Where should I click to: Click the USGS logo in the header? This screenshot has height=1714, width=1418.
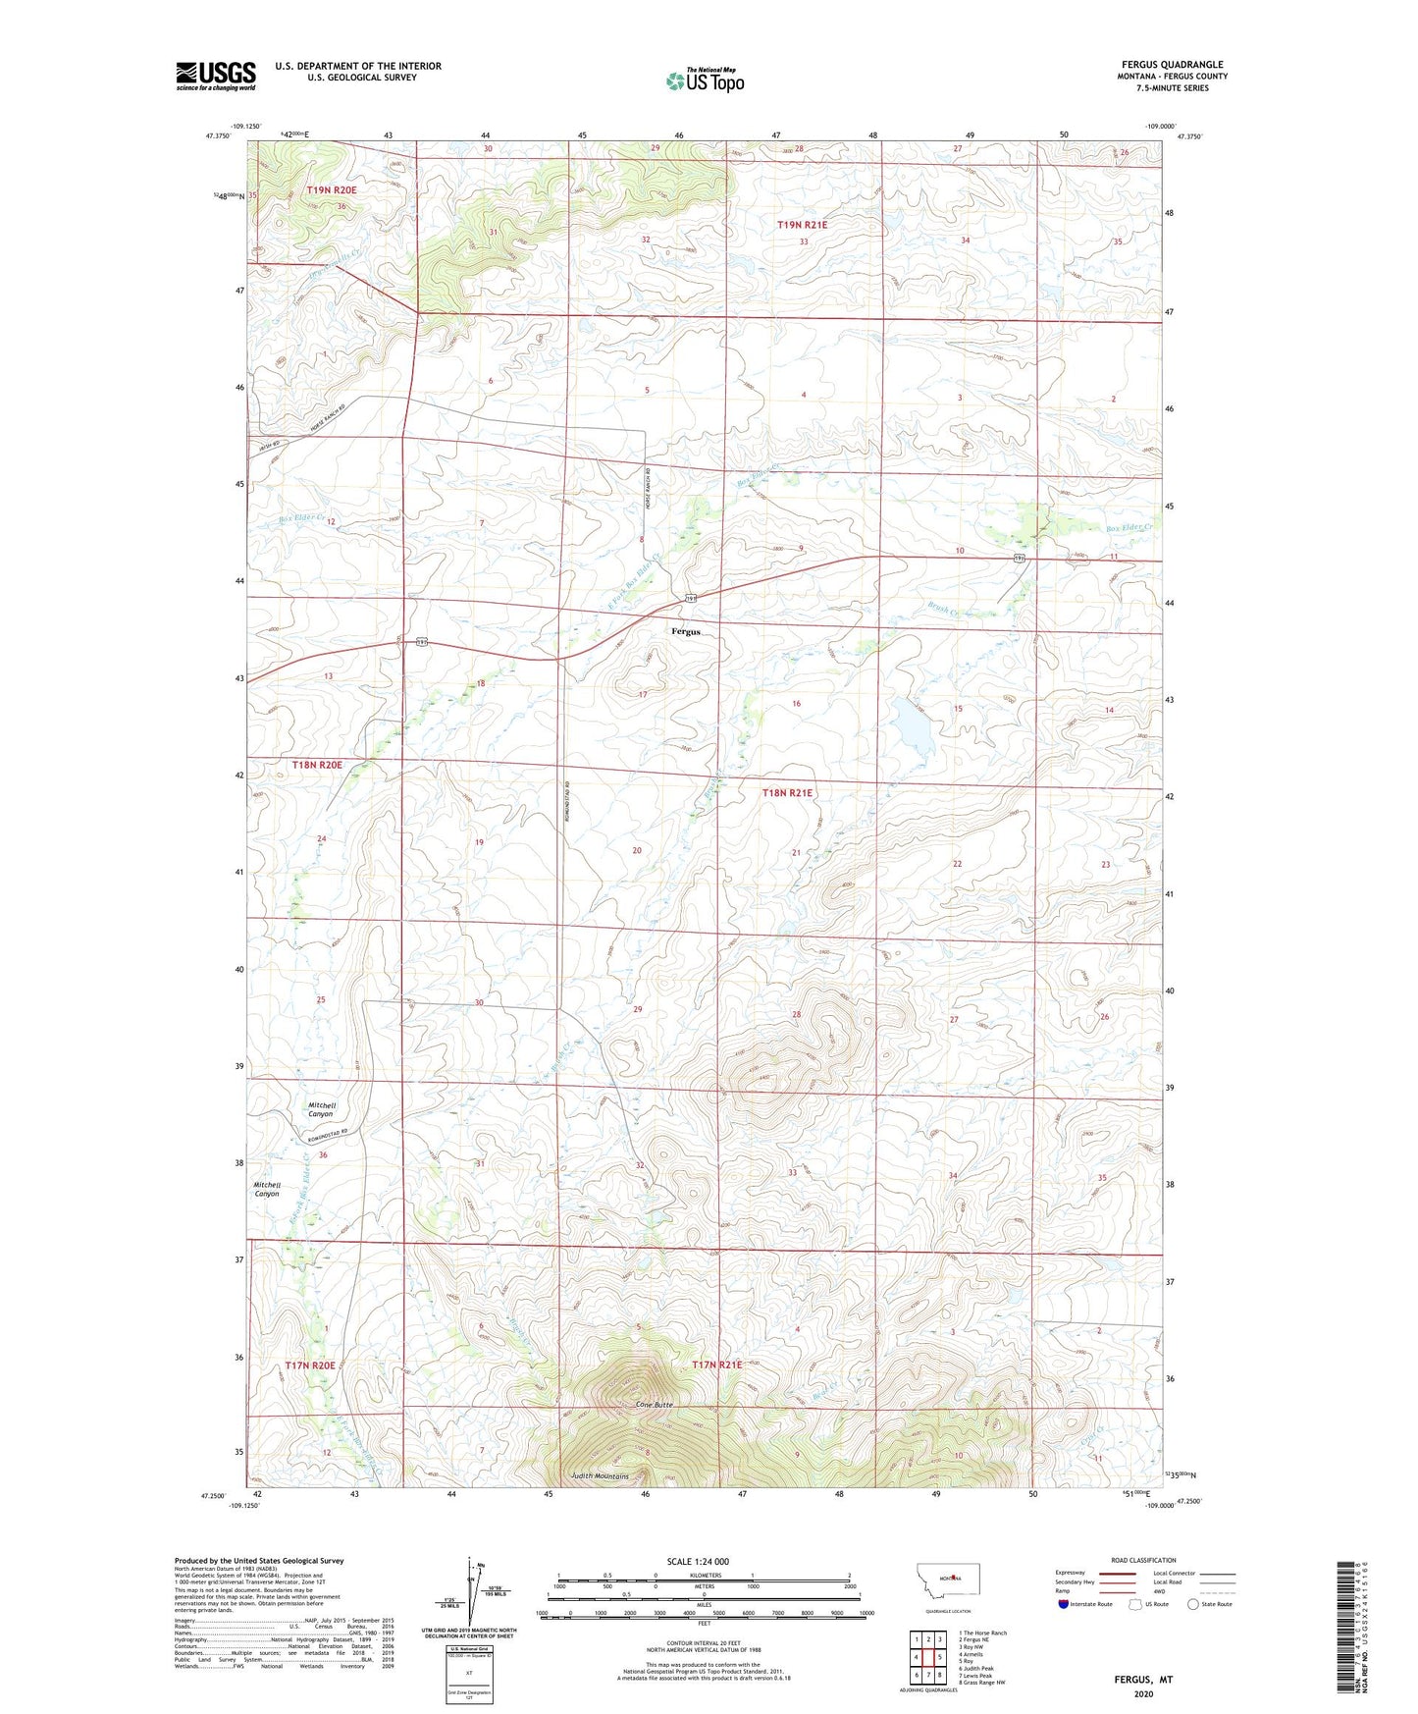coord(216,75)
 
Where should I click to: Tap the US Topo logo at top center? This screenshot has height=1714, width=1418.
coord(705,80)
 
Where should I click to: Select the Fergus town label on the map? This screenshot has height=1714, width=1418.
coord(686,631)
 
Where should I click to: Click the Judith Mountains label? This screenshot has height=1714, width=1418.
coord(600,1476)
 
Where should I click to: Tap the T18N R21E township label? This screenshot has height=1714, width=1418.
coord(787,792)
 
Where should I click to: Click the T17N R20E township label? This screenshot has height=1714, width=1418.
coord(310,1366)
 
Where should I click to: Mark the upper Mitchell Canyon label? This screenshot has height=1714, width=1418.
coord(322,1109)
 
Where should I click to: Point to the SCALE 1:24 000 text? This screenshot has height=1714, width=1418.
coord(698,1562)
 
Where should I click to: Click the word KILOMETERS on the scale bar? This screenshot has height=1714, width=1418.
coord(703,1576)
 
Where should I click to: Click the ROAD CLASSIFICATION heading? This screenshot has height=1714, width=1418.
coord(1143,1560)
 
